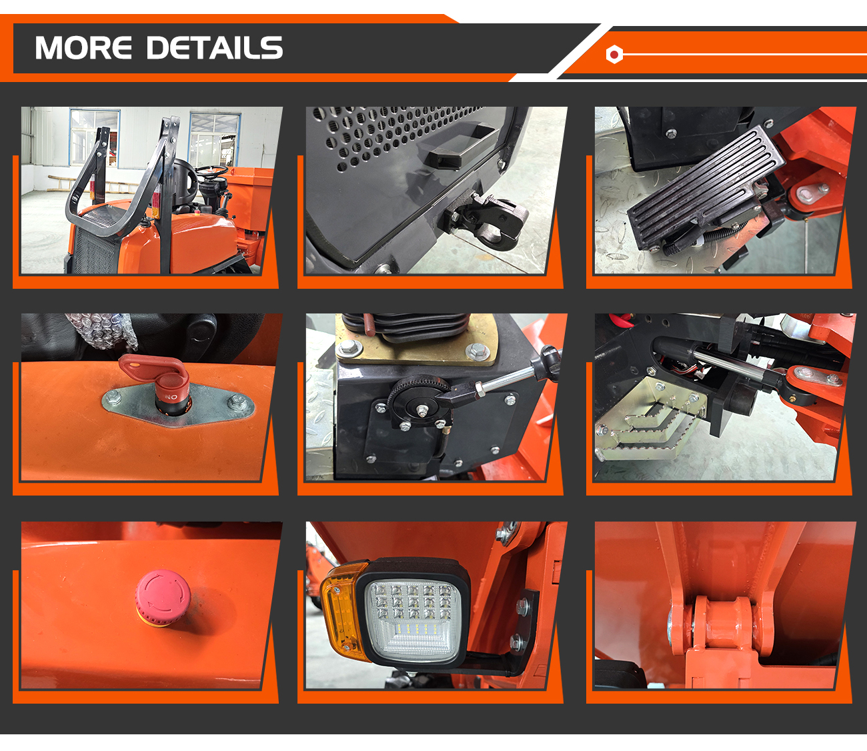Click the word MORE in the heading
[83, 47]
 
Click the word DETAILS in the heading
[215, 47]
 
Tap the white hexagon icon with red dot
[614, 54]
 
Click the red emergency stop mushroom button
[163, 598]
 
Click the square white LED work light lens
[413, 620]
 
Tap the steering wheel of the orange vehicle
[211, 170]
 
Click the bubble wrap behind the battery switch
[103, 330]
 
